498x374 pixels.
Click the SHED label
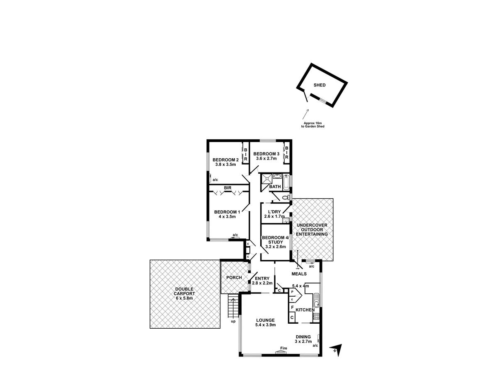(x=320, y=85)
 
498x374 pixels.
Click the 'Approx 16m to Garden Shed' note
(x=313, y=125)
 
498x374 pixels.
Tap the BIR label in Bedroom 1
(x=227, y=188)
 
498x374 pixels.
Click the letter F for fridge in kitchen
(x=292, y=308)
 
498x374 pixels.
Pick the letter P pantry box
(x=292, y=292)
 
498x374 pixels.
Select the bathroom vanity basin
(x=276, y=176)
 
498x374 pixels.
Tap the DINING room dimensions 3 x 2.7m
(x=303, y=341)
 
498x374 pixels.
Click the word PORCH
(x=234, y=278)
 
